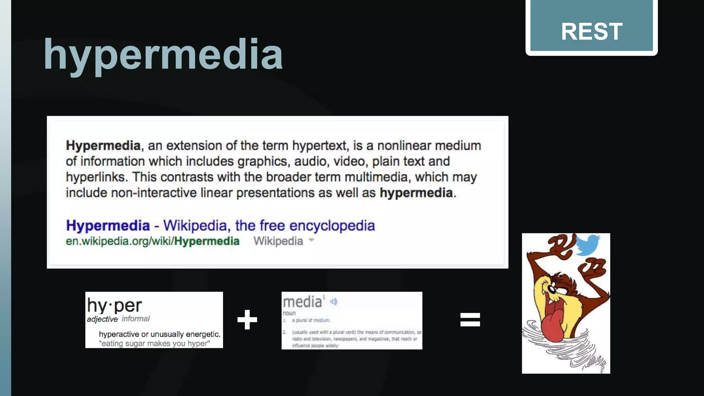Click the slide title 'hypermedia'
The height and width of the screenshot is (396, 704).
tap(163, 55)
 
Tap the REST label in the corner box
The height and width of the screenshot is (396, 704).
tap(591, 32)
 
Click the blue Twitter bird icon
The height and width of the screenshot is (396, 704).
tap(588, 245)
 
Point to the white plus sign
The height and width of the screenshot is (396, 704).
tap(247, 320)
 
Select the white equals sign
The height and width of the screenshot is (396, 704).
tap(470, 319)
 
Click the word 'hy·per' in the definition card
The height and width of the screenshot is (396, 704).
tap(114, 305)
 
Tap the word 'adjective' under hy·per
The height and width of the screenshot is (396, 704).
tap(102, 319)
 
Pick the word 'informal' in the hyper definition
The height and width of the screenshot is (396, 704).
tap(136, 319)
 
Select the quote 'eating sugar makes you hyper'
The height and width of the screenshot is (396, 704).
tap(154, 343)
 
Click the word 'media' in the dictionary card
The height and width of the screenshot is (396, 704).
tap(302, 302)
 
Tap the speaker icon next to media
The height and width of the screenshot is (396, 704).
tap(333, 302)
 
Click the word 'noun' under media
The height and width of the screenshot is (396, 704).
tap(289, 313)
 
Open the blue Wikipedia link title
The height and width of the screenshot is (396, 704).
tap(220, 225)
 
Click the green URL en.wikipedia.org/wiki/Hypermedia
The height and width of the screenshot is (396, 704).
tap(153, 241)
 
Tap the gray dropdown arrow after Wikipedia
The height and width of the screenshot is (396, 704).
tap(311, 240)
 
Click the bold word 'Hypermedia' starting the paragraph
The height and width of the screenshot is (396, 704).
tap(103, 145)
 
